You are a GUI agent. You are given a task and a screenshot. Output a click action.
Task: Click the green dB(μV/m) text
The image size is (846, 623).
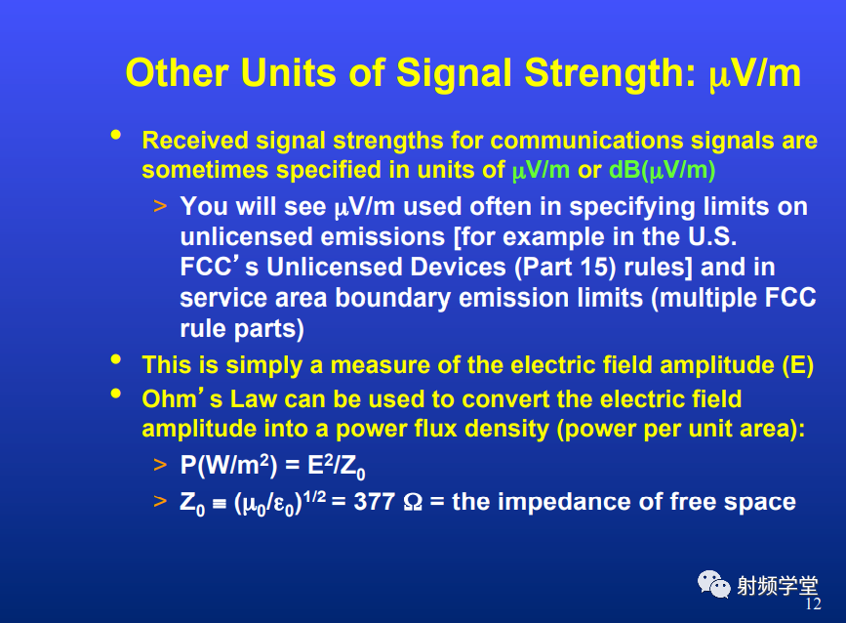click(662, 171)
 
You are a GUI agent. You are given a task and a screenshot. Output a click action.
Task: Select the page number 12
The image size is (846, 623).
click(813, 603)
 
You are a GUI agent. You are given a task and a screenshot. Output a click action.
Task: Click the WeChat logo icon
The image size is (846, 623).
click(714, 584)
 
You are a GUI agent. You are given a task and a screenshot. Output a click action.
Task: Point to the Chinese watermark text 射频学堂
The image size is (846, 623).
click(778, 586)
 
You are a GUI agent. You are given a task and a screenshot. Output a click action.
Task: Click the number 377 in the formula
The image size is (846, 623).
click(374, 502)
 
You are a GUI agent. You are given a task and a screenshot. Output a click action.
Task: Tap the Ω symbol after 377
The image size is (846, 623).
click(413, 502)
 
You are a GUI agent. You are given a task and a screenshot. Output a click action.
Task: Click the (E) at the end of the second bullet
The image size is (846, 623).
click(797, 365)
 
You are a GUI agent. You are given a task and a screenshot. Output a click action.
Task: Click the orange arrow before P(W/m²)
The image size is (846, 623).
click(160, 465)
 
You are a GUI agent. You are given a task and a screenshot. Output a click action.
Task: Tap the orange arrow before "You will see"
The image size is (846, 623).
click(160, 206)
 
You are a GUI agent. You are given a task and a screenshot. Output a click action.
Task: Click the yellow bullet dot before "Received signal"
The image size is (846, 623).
click(115, 135)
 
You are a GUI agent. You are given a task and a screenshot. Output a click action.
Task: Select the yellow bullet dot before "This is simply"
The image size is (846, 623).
click(115, 359)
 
